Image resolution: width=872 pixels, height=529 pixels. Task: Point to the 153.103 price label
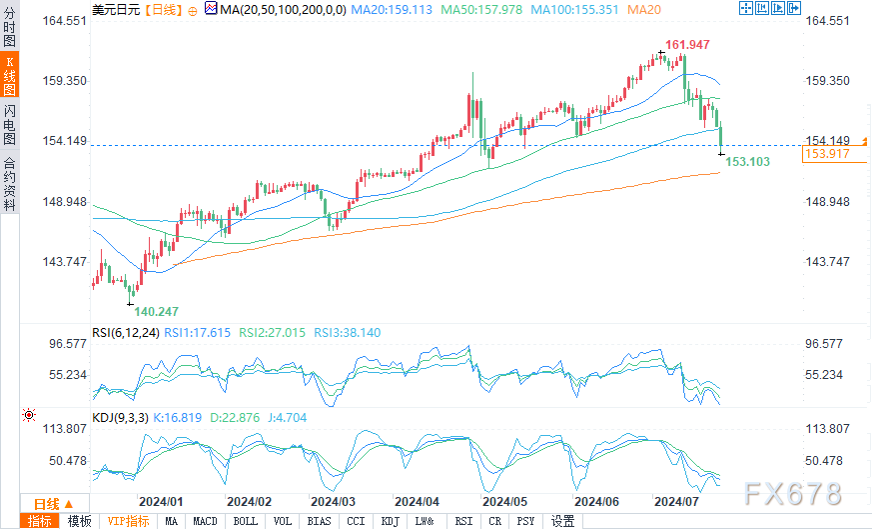(747, 161)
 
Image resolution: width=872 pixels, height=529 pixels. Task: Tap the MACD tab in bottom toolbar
(205, 521)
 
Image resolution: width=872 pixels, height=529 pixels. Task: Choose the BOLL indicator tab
(245, 521)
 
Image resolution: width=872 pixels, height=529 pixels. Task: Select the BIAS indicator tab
(320, 521)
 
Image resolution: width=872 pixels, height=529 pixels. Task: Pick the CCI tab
(356, 521)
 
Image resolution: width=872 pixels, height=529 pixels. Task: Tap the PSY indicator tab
(525, 521)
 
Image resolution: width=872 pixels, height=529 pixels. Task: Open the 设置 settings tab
(562, 521)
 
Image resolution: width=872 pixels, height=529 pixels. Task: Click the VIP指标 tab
(128, 521)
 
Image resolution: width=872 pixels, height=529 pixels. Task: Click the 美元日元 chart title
(116, 9)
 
